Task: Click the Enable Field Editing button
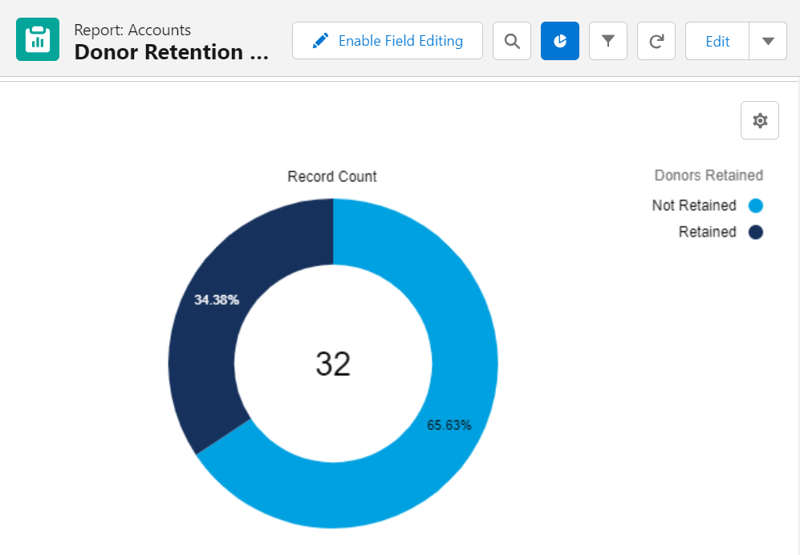pos(387,41)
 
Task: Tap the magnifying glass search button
pos(511,41)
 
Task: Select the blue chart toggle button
pos(559,41)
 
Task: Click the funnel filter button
pos(607,41)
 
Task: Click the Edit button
pos(717,41)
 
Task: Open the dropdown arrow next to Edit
pos(768,41)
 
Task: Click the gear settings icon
pos(759,120)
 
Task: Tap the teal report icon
pos(38,39)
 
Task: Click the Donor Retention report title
pos(170,52)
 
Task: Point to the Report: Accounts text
pos(132,30)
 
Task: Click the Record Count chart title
pos(332,176)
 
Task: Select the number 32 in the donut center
pos(333,364)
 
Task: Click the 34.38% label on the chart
pos(217,300)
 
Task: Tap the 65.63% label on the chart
pos(449,425)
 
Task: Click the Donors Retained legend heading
pos(708,175)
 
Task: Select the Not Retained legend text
pos(693,205)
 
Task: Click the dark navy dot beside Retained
pos(755,233)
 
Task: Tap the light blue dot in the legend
pos(755,206)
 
